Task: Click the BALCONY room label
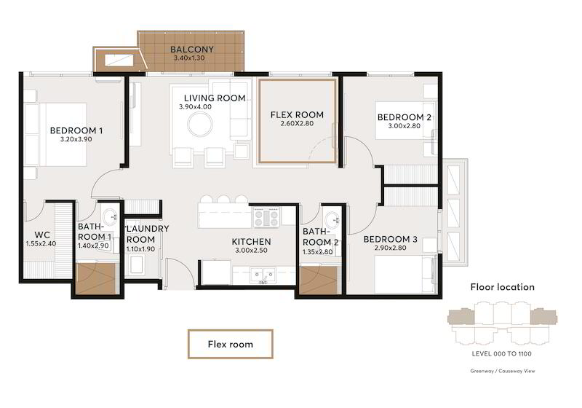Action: coord(192,49)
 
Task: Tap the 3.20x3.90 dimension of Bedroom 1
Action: coord(76,139)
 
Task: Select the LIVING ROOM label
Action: coord(215,98)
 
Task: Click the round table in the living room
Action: coord(200,125)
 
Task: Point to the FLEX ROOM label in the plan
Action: coord(297,115)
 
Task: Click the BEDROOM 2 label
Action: coord(404,117)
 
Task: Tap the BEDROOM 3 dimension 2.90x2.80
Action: coord(390,248)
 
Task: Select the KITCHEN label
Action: coord(251,242)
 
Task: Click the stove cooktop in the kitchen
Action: coord(266,217)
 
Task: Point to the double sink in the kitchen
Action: coord(263,275)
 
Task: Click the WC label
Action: coord(42,235)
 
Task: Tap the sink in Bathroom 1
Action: coord(110,216)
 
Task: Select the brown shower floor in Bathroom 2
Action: coord(318,280)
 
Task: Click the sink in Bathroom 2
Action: coord(331,219)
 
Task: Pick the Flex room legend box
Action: coord(231,344)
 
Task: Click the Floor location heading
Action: coord(503,287)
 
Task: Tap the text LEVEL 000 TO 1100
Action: coord(501,354)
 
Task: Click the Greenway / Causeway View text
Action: coord(503,371)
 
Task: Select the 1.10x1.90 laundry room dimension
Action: coord(140,249)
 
